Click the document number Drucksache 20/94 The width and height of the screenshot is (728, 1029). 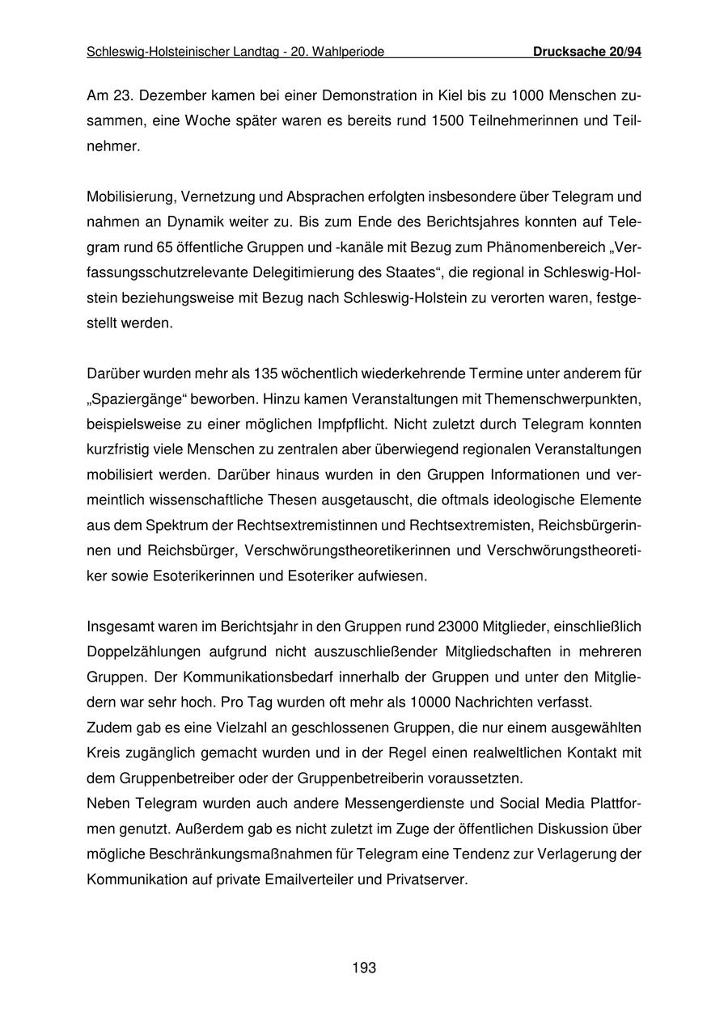tap(587, 53)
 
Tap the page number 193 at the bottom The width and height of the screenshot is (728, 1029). tap(364, 968)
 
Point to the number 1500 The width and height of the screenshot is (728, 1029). tap(447, 122)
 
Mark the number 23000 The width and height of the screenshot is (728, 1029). tap(459, 626)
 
